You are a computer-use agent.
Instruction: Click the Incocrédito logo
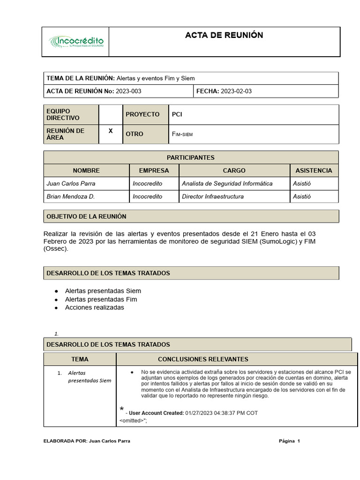tap(76, 42)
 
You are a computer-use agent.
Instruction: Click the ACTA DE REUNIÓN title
tap(224, 35)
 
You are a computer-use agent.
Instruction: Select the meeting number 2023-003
tap(129, 91)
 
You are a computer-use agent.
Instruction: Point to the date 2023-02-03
tap(236, 91)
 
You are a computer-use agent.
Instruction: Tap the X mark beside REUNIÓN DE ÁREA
tap(111, 131)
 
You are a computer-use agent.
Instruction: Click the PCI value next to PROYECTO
tap(177, 114)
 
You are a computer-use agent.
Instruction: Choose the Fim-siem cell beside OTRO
tap(182, 135)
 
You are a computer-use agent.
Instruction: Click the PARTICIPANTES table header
tap(190, 157)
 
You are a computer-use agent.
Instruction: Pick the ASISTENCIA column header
tap(314, 171)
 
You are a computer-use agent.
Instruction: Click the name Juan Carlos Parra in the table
tap(71, 183)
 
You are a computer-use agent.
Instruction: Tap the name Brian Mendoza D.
tap(71, 196)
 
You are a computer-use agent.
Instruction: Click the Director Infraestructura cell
tap(213, 196)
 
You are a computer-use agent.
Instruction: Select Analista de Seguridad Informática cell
tap(227, 183)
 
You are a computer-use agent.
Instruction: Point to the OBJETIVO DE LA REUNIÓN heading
tap(86, 216)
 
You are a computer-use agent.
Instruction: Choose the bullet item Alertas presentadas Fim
tap(101, 299)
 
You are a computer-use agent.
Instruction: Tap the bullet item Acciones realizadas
tap(94, 307)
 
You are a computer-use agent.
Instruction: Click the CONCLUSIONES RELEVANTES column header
tap(203, 359)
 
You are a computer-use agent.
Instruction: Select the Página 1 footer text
tap(289, 441)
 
